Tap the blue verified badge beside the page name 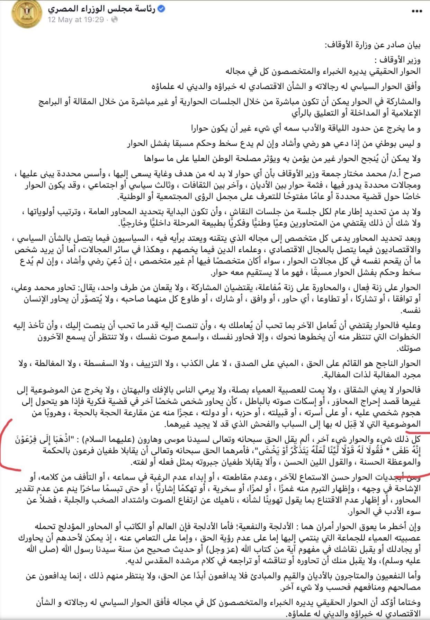tap(161, 9)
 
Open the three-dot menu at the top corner tap(416, 12)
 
